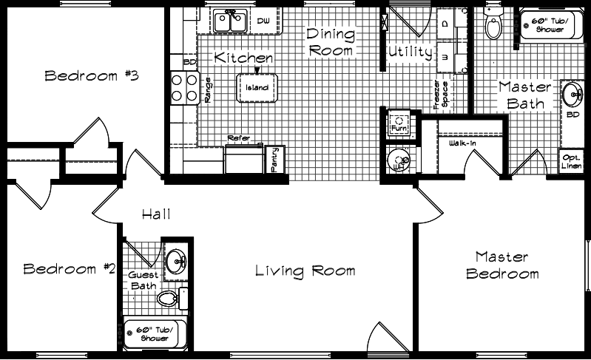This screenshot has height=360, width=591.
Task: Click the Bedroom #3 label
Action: pyautogui.click(x=92, y=75)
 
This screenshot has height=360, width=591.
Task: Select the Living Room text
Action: pyautogui.click(x=305, y=271)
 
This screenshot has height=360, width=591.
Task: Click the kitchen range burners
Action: pyautogui.click(x=180, y=88)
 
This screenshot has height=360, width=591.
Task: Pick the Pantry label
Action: pyautogui.click(x=274, y=159)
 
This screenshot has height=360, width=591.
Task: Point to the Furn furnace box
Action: pyautogui.click(x=398, y=124)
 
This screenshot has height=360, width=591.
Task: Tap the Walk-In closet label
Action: pyautogui.click(x=462, y=143)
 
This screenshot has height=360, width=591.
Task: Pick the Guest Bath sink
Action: pyautogui.click(x=176, y=261)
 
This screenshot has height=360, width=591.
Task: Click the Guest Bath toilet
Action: pyautogui.click(x=171, y=299)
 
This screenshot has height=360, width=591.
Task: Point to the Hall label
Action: pyautogui.click(x=156, y=215)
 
